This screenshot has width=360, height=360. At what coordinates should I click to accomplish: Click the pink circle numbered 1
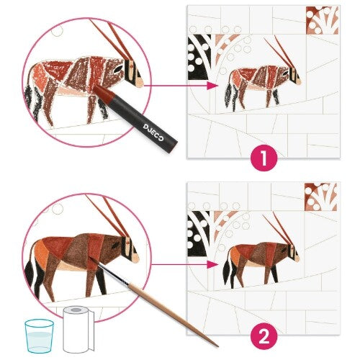click(x=264, y=158)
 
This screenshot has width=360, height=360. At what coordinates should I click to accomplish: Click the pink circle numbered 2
click(x=264, y=336)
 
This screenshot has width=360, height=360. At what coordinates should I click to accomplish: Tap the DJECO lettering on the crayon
click(x=153, y=132)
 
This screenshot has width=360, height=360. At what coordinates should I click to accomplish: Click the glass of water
click(x=39, y=336)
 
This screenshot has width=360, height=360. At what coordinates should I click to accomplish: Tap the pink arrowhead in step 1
click(x=212, y=86)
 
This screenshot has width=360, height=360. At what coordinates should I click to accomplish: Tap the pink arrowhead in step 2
click(x=212, y=264)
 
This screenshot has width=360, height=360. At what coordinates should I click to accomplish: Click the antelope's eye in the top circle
click(x=117, y=70)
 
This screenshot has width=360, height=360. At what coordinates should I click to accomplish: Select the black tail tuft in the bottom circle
click(x=30, y=273)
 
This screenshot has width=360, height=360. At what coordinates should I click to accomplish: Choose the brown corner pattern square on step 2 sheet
click(x=321, y=197)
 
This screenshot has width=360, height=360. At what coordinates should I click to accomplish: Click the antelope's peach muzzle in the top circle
click(x=138, y=83)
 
